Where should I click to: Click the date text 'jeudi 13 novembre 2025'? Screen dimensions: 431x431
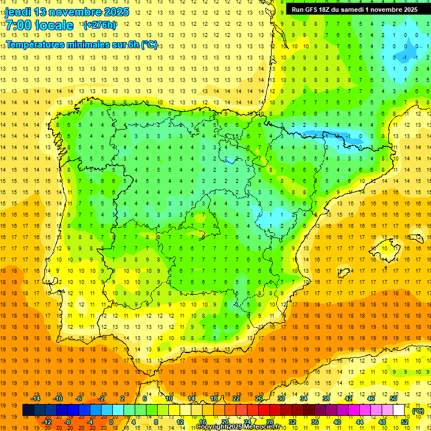(67, 12)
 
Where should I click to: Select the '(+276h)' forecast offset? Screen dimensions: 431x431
(99, 25)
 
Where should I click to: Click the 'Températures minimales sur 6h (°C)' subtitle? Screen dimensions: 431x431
(81, 45)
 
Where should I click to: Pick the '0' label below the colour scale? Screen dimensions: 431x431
(112, 422)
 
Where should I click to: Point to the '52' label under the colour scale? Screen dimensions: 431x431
(404, 422)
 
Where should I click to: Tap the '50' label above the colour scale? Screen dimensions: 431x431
(393, 398)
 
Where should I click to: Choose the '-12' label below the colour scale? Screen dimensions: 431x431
(47, 422)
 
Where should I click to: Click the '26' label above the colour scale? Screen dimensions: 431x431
(259, 398)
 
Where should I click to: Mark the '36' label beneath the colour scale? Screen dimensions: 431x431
(314, 422)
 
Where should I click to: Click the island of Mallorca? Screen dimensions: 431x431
(387, 247)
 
